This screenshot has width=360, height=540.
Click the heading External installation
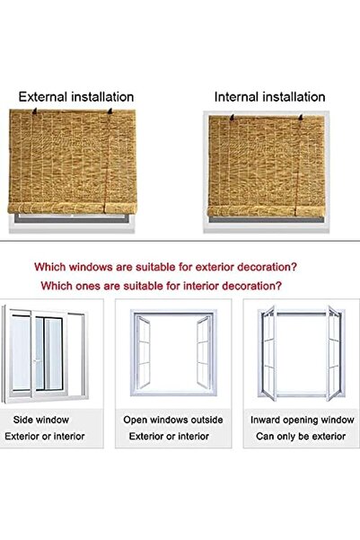coord(76,96)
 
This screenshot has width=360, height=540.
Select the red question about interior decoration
coord(161,286)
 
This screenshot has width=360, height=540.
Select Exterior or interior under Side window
coord(48,436)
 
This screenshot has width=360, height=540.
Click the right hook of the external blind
coord(110,111)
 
